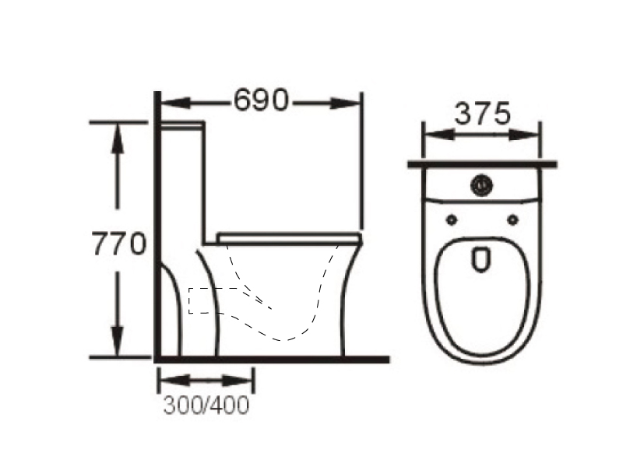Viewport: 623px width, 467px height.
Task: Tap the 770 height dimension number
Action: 119,244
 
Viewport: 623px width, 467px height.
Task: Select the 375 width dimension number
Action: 482,114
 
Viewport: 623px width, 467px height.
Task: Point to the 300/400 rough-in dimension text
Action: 206,405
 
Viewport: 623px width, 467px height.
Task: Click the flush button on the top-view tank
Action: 482,184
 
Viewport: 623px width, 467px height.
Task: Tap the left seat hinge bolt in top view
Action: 452,219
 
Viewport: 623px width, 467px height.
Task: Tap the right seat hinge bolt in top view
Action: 513,219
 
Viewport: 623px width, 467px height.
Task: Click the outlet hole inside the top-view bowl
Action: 481,259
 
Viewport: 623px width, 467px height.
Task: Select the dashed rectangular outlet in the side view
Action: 202,300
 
